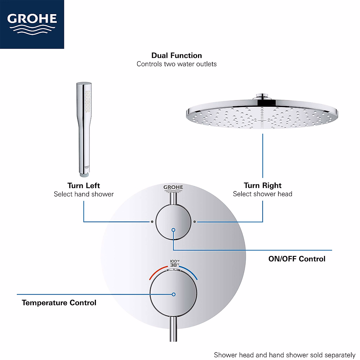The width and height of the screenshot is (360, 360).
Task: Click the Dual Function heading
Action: coord(176,55)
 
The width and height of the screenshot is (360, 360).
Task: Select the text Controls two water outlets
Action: coord(176,64)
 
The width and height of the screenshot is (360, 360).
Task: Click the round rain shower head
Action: coord(262,114)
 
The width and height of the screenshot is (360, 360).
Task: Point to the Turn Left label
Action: coord(83,185)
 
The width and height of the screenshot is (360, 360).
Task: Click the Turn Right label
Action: coord(262,185)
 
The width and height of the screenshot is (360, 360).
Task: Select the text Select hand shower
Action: coord(84,194)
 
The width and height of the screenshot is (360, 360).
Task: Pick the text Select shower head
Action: coord(262,194)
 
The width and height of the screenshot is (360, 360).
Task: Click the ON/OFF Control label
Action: coord(297,259)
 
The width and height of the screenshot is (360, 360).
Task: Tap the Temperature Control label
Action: coord(59,303)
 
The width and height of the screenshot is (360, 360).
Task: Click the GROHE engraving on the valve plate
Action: coord(173,188)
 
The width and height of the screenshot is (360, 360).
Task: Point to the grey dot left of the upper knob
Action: coord(152,222)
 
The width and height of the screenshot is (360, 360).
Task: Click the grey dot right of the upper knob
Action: coord(195,222)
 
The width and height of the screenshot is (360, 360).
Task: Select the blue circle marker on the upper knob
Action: coord(173,230)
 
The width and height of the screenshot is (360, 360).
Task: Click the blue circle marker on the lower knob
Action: coord(174,294)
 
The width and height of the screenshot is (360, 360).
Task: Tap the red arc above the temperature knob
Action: coord(158,271)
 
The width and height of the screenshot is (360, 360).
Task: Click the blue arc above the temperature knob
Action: coord(189,272)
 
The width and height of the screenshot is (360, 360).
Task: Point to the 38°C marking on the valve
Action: coord(175,265)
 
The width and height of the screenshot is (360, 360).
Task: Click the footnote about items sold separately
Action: coord(284,355)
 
